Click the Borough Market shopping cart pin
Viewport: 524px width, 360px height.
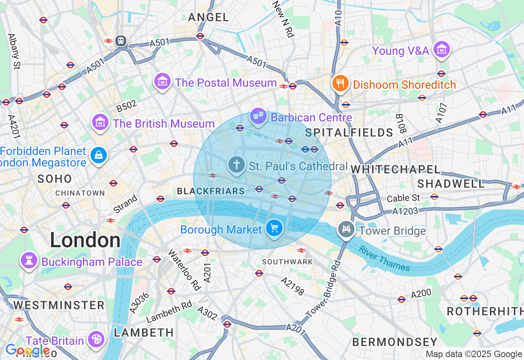pos(274,228)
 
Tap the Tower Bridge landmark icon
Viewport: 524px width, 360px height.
pos(346,229)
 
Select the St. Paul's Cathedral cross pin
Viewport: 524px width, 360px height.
pos(236,165)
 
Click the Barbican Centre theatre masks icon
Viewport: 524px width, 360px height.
pos(258,116)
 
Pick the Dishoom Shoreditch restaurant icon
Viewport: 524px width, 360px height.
pos(340,83)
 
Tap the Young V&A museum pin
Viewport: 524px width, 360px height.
pos(441,49)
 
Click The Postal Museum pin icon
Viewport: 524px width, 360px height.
pos(163,81)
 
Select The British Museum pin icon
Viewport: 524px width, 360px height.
pos(100,122)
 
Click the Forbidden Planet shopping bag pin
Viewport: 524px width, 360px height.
pos(99,155)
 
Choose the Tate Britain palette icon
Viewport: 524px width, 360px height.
pos(96,339)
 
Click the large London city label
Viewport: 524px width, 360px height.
pos(85,240)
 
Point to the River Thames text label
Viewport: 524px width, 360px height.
pos(384,259)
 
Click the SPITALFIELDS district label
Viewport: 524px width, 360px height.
pos(349,133)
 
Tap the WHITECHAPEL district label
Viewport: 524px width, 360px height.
pos(395,169)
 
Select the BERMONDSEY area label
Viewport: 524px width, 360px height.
pos(395,342)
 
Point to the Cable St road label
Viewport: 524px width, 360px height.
pos(403,198)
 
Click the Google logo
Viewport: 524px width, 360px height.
pos(28,350)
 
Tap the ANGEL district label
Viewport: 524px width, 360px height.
pos(208,17)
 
